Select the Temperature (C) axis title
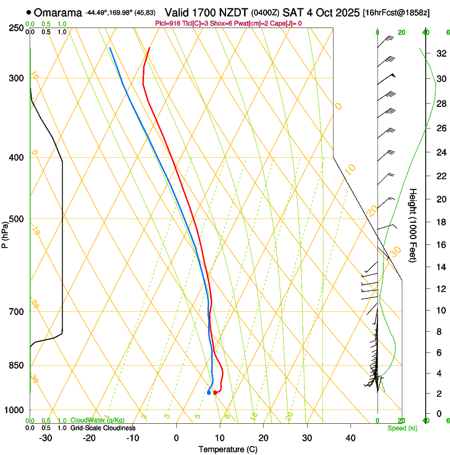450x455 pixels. pos(228,449)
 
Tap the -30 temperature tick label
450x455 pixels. pos(46,438)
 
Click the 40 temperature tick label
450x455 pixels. pos(350,438)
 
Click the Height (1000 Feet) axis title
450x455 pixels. pos(413,225)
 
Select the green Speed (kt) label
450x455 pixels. pos(402,428)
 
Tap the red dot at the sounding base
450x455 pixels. pos(215,393)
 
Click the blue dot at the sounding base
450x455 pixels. pos(209,393)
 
